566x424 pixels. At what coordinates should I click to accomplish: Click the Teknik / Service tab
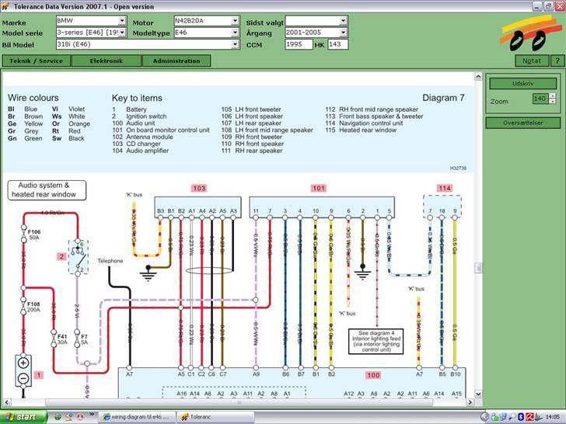coord(36,61)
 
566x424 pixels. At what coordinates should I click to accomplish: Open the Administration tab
coord(176,61)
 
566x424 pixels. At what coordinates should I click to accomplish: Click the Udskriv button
coord(522,84)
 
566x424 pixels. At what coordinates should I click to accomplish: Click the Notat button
coord(533,61)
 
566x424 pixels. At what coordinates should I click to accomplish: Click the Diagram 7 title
coord(443,98)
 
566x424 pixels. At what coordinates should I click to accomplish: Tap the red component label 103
coord(198,188)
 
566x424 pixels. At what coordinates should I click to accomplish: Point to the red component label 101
coord(319,188)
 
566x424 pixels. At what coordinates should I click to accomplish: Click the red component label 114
coord(444,188)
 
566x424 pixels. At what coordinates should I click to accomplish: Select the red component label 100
coord(374,375)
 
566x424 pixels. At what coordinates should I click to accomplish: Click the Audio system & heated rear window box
coord(47,190)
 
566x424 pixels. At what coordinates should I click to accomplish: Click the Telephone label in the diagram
coord(110,261)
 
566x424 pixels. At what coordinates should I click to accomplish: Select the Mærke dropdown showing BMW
coord(91,21)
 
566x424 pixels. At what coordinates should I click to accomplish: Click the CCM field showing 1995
coord(299,44)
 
